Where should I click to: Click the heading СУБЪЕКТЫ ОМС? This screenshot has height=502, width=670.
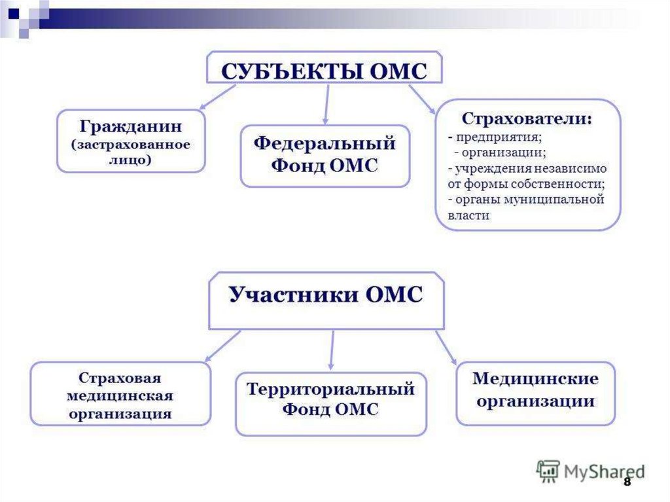[x=325, y=71]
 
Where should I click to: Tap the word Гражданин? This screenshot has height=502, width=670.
[x=131, y=126]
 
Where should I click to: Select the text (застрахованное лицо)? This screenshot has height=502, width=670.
[x=131, y=152]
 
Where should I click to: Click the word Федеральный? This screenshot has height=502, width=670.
[x=325, y=143]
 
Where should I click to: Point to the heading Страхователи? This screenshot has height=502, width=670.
[x=527, y=118]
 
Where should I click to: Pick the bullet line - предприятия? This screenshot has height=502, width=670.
[x=495, y=137]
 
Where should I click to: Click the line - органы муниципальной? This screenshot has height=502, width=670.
[x=526, y=200]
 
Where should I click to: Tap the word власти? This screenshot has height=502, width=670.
[x=468, y=215]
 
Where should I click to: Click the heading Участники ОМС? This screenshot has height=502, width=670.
[x=326, y=295]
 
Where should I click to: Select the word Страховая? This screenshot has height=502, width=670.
[x=120, y=378]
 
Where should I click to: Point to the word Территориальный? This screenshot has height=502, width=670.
[x=330, y=389]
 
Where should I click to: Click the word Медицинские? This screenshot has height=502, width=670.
[x=535, y=379]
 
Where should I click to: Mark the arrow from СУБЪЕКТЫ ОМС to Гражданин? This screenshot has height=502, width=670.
[x=217, y=97]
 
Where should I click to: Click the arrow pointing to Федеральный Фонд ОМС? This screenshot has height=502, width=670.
[x=326, y=105]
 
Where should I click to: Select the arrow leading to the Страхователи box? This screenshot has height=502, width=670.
[x=422, y=99]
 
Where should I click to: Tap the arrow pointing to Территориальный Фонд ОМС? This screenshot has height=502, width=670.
[x=332, y=350]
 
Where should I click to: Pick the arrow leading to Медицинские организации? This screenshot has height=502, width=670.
[x=446, y=348]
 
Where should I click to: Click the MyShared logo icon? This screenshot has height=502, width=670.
[x=548, y=472]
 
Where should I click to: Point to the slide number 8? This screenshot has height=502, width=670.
[x=627, y=482]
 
